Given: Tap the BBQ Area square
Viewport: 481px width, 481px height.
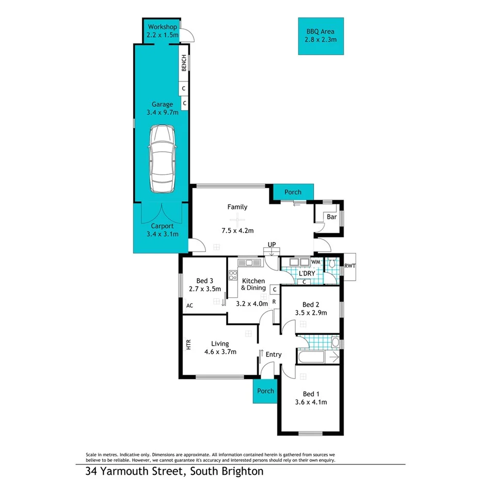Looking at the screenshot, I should click(x=320, y=36).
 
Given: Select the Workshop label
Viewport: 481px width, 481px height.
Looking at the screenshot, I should click(x=163, y=27).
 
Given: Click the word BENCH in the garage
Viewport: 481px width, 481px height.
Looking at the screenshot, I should click(x=184, y=63).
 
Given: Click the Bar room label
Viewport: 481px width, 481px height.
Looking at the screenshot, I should click(x=331, y=217).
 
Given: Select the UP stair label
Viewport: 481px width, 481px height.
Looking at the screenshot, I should click(x=271, y=244).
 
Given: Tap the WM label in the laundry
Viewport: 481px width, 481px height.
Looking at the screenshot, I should click(x=316, y=263).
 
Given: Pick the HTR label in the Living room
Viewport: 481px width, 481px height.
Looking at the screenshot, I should click(x=188, y=344).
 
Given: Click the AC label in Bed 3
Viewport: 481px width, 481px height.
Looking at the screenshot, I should click(x=189, y=306).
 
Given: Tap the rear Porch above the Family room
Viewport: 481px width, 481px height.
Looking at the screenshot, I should click(x=293, y=192).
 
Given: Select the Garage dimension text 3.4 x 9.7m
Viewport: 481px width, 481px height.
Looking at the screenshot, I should click(x=162, y=112).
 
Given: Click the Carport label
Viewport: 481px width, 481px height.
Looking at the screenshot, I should click(x=162, y=226).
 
